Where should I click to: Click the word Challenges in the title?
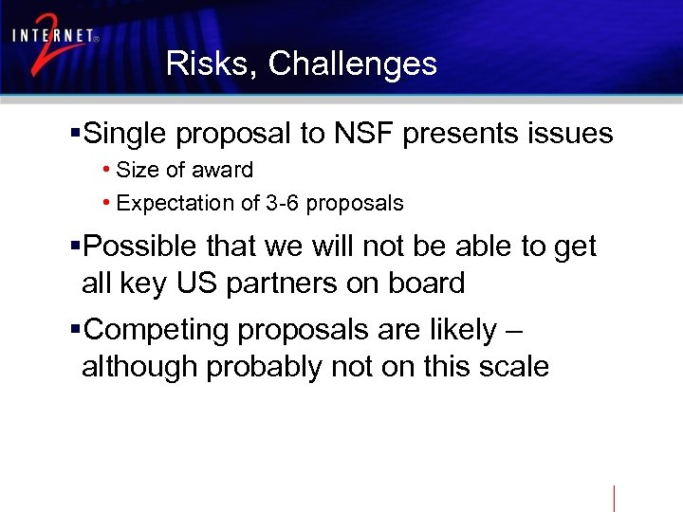coord(352,64)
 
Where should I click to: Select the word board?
coord(427,283)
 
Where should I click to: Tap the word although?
coord(139,367)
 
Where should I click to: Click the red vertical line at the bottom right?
coord(615,498)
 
